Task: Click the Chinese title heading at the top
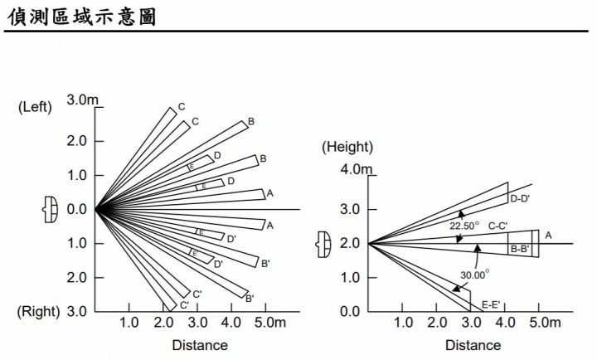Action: (82, 17)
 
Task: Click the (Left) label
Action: (35, 107)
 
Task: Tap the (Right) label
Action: (38, 312)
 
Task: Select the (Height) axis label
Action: (347, 147)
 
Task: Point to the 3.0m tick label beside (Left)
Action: (82, 100)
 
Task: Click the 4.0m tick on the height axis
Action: (356, 169)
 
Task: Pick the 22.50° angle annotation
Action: (464, 226)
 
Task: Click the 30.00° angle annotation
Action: (475, 275)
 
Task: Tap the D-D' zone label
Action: (520, 198)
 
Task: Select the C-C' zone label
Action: (498, 226)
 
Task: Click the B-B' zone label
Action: (520, 250)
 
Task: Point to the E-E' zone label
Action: (491, 304)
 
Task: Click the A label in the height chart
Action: (548, 236)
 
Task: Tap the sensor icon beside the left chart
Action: (51, 209)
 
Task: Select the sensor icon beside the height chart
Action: (323, 244)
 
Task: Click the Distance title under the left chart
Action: (200, 345)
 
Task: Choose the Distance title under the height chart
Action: (473, 345)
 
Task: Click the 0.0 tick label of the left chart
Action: (76, 210)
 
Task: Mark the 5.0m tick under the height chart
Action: (545, 323)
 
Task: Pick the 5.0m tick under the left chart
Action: (270, 323)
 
